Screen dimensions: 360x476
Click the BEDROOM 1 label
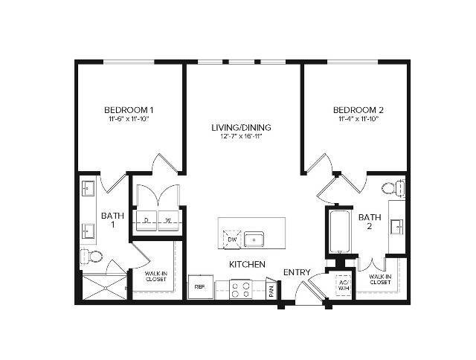point(129,109)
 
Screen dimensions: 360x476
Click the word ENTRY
point(297,272)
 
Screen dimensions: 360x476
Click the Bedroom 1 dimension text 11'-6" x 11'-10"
point(129,118)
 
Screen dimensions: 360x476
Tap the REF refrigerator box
point(200,286)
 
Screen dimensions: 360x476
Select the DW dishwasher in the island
point(231,240)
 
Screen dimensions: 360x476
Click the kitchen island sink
point(255,240)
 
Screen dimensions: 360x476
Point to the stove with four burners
point(239,289)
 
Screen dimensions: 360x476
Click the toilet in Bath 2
point(391,187)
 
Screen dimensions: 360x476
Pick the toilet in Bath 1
point(92,257)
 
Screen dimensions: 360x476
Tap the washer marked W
point(167,220)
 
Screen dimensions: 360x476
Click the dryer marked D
point(146,220)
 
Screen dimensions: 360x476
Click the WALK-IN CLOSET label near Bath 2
point(379,279)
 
